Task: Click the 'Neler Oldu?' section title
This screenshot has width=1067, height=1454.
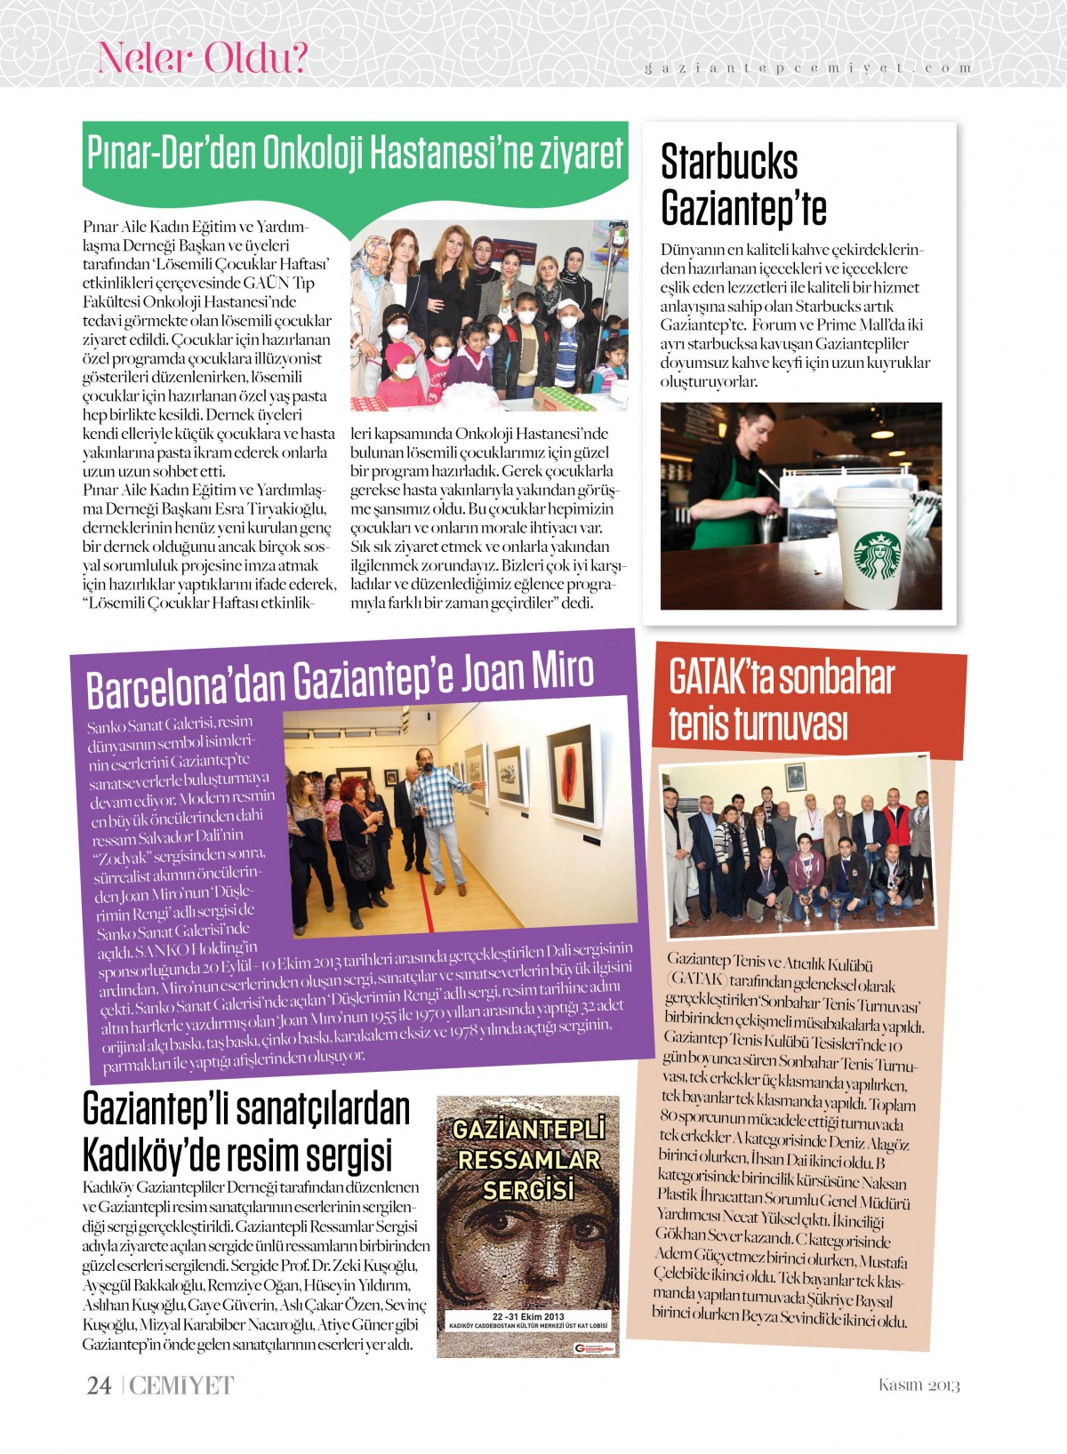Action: click(203, 59)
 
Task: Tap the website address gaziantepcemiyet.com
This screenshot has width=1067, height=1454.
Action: click(807, 68)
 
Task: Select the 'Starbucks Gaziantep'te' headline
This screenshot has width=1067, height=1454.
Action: click(743, 185)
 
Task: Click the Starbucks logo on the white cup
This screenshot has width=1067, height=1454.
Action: click(877, 555)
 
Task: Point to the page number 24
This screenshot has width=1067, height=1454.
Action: click(99, 1386)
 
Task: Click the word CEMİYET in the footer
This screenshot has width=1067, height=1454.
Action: click(181, 1386)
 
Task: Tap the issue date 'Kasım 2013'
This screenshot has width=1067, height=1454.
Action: click(919, 1386)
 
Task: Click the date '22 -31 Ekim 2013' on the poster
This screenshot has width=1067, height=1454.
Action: click(528, 1316)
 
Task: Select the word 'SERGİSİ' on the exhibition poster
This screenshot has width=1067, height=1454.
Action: click(528, 1189)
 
